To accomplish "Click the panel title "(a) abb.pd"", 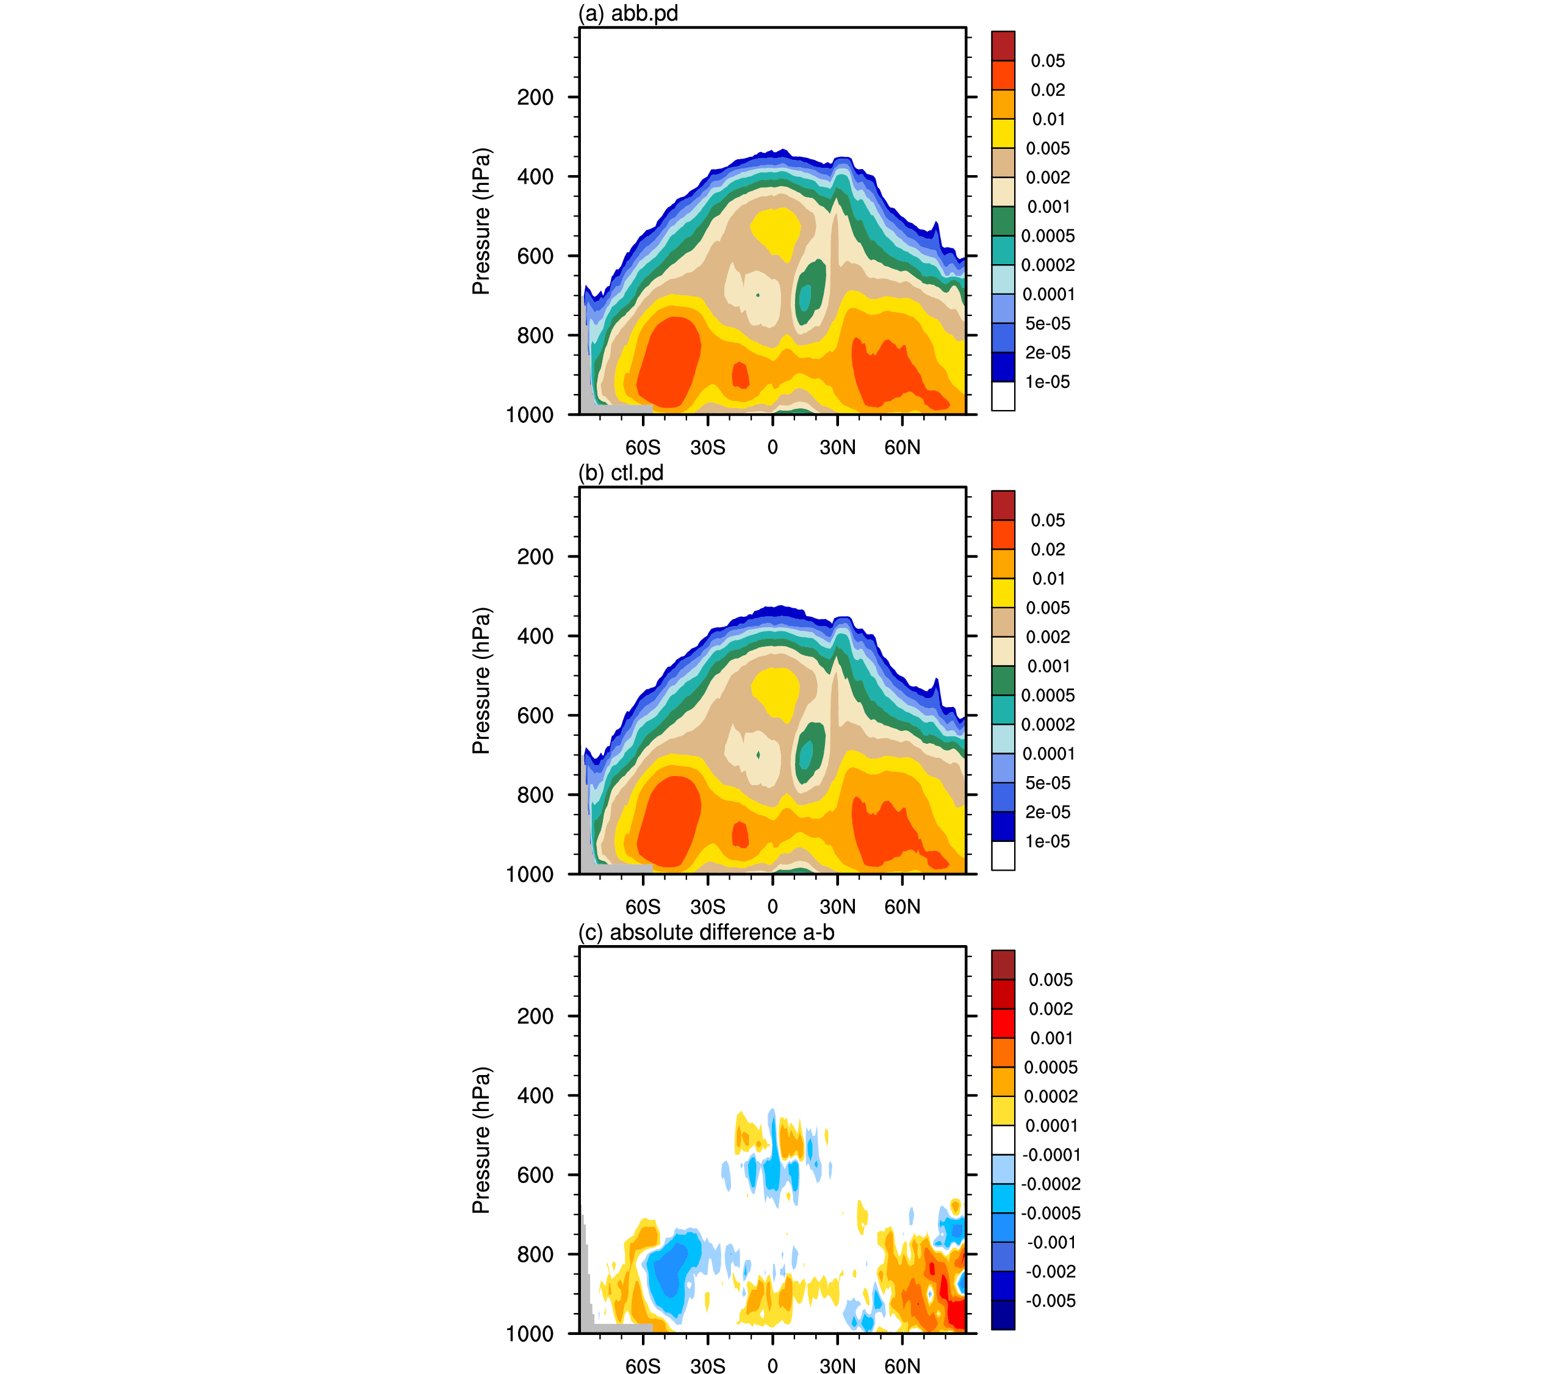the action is tap(627, 13).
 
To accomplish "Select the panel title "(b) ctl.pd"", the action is tap(621, 473).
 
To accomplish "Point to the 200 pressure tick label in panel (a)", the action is tap(535, 98).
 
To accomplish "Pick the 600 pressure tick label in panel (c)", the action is tap(535, 1174).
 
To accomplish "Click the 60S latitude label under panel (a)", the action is tap(643, 448).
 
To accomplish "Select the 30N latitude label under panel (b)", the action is tap(837, 907).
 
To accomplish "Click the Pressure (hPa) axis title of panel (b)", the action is tap(481, 680).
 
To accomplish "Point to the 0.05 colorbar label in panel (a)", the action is tap(1048, 61).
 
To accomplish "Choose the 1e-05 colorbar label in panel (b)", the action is tap(1048, 841).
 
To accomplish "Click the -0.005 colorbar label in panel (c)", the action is tap(1051, 1301).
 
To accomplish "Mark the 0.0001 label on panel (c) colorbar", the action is tap(1051, 1126).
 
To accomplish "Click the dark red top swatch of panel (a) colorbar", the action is tap(1003, 46).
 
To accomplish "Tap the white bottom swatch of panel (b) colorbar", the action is tap(1003, 855).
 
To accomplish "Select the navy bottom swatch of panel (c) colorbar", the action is tap(1003, 1315).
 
